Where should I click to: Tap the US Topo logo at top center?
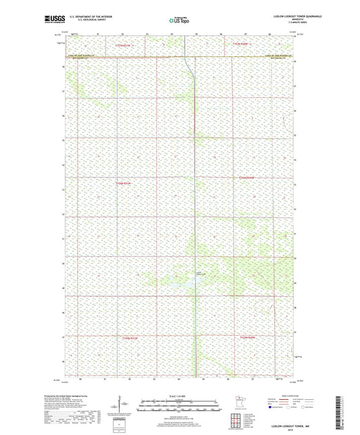[x=180, y=21]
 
